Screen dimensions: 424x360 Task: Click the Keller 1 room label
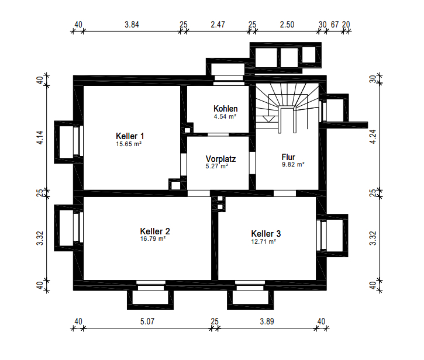(x=130, y=136)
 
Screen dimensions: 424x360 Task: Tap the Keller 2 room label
(x=155, y=231)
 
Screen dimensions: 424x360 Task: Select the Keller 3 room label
(x=266, y=234)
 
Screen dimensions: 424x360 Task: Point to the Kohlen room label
(x=226, y=109)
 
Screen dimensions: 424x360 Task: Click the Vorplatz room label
(x=220, y=158)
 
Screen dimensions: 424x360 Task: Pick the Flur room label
(x=288, y=157)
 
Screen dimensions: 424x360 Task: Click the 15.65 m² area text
(x=129, y=144)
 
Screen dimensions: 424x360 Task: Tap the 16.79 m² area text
(x=153, y=239)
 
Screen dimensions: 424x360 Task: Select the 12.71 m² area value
(x=264, y=241)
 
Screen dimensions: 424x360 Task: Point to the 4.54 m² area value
(x=225, y=117)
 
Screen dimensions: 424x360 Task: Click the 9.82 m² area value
(x=294, y=165)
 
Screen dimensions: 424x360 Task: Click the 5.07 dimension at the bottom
(x=147, y=321)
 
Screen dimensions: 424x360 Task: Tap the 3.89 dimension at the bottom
(x=267, y=321)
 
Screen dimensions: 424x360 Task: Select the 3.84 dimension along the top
(x=132, y=25)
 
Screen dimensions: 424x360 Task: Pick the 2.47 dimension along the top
(x=218, y=25)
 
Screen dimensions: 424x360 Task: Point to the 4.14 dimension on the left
(x=40, y=137)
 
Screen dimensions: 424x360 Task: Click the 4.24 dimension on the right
(x=373, y=137)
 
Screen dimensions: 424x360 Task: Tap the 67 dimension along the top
(x=335, y=25)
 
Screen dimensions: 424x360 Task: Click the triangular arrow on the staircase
(x=267, y=119)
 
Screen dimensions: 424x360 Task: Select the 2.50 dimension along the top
(x=287, y=25)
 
